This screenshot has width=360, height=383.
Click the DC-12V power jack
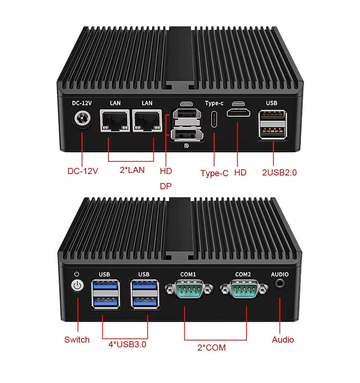click(82, 119)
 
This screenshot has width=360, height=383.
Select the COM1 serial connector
click(188, 289)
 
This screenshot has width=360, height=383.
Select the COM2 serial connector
click(244, 289)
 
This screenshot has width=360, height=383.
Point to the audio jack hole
click(280, 283)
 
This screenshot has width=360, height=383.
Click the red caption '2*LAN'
click(132, 170)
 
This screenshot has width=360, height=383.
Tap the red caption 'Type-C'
click(215, 173)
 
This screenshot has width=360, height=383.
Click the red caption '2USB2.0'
click(279, 172)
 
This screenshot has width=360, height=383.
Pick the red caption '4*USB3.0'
click(127, 344)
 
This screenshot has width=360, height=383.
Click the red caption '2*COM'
click(211, 348)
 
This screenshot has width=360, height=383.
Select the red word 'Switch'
click(77, 339)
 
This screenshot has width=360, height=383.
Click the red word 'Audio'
click(283, 339)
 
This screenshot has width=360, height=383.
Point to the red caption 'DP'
click(166, 186)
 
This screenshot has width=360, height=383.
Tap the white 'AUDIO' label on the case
click(280, 275)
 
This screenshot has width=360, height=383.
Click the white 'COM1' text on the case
click(188, 275)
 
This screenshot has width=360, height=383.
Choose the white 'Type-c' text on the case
click(214, 103)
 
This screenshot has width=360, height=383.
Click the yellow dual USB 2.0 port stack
click(272, 125)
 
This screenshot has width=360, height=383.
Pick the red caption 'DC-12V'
click(83, 171)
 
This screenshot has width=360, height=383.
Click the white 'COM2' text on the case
click(243, 275)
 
